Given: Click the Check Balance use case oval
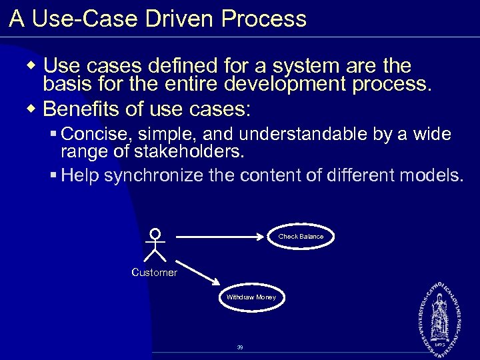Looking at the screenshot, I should (301, 237).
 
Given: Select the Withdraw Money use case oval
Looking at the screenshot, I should (251, 297).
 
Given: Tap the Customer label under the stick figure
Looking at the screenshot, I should (155, 272).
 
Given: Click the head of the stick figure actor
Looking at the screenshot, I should (155, 233).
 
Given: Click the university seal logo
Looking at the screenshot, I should (439, 313).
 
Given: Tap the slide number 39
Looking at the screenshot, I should (240, 347).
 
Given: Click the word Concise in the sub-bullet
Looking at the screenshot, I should (95, 135).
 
